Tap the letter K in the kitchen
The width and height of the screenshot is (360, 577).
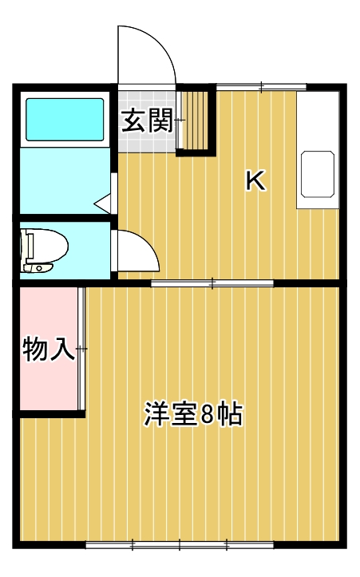pyautogui.click(x=254, y=181)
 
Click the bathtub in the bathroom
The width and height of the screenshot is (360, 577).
pyautogui.click(x=65, y=120)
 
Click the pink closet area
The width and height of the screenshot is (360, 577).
pyautogui.click(x=48, y=383)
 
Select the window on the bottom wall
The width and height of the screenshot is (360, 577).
pyautogui.click(x=180, y=545)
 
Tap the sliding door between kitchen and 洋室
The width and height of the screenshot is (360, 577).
pyautogui.click(x=212, y=283)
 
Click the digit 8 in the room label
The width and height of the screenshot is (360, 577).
pyautogui.click(x=207, y=415)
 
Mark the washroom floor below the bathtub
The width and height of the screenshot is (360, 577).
pyautogui.click(x=64, y=180)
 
